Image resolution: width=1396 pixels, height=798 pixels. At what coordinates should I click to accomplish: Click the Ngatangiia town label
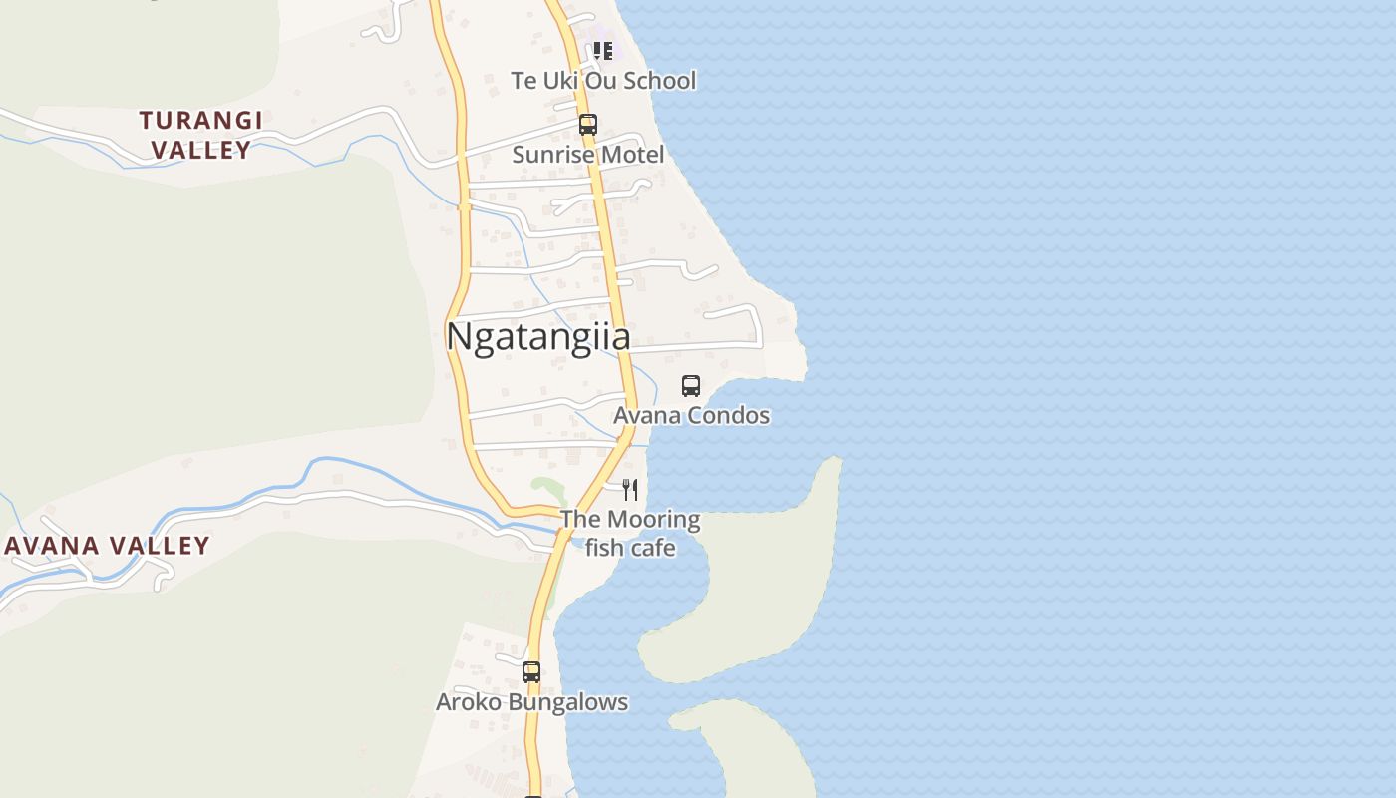click(x=538, y=337)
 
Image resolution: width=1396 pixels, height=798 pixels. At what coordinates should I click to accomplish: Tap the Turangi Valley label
click(x=200, y=135)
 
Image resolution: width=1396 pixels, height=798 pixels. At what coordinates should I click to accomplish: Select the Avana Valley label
click(x=107, y=546)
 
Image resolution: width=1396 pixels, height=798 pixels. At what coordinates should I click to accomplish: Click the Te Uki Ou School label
click(x=603, y=81)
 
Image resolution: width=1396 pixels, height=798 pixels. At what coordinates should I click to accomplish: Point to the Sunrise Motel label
click(x=587, y=155)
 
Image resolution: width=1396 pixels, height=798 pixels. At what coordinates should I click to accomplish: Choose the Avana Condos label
click(x=691, y=415)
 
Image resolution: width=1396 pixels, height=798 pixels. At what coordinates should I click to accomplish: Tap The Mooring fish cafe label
click(x=630, y=533)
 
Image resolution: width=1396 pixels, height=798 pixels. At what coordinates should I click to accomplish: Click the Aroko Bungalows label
click(x=531, y=702)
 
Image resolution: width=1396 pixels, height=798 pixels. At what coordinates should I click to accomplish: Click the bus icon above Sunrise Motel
click(x=588, y=125)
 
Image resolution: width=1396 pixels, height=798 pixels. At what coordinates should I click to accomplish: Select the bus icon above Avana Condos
click(x=691, y=385)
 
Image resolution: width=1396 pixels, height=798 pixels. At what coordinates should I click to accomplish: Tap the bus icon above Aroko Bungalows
click(x=531, y=671)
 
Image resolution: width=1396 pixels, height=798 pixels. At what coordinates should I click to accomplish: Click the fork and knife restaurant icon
click(x=630, y=489)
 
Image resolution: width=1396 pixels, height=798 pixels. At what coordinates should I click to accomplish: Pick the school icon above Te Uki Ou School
click(x=602, y=50)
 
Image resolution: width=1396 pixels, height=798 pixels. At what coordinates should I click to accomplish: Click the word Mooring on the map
click(x=654, y=519)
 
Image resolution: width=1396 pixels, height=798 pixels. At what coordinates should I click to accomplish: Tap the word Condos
click(x=732, y=415)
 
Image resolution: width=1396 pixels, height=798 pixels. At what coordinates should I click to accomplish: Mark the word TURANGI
click(x=200, y=121)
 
